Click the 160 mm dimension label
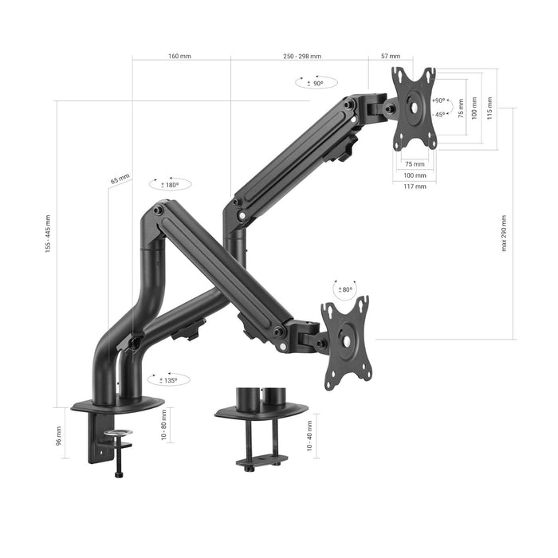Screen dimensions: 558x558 coord(179,57)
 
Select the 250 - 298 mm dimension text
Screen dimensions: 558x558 coord(302,57)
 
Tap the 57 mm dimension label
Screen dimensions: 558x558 coord(391,57)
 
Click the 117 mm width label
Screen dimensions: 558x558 coord(415,186)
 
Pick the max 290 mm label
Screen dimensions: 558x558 coord(504,232)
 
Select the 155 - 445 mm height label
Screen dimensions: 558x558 coord(48,239)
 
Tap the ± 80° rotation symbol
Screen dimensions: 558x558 coord(345,289)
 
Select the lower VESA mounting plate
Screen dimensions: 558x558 coord(347,343)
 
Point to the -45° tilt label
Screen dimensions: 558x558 coord(439,114)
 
